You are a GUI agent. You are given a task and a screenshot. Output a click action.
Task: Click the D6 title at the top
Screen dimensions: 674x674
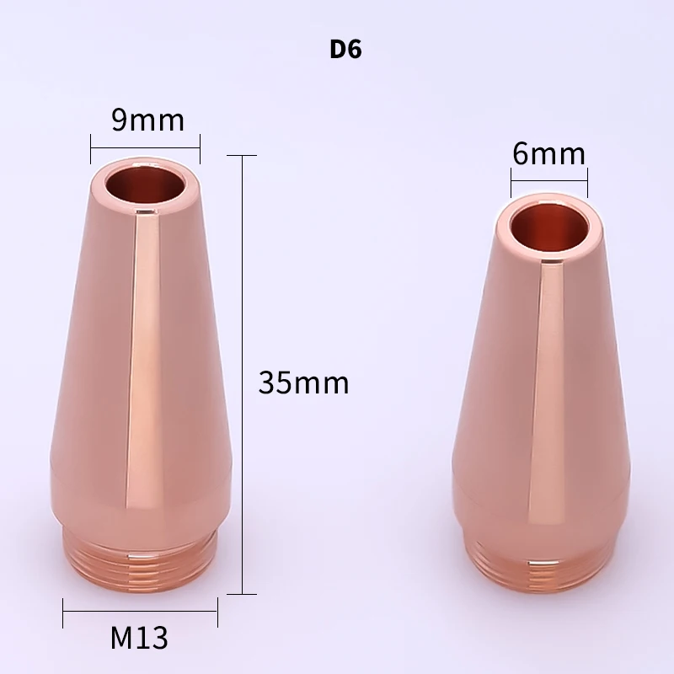click(345, 48)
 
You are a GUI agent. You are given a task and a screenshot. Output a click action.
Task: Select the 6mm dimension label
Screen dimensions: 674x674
click(548, 153)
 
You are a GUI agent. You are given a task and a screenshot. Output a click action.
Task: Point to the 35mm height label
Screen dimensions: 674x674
click(303, 383)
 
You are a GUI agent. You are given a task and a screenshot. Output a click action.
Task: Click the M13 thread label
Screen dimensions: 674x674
click(139, 637)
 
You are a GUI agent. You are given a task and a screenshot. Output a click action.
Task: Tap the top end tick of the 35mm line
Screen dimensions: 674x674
click(243, 156)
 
